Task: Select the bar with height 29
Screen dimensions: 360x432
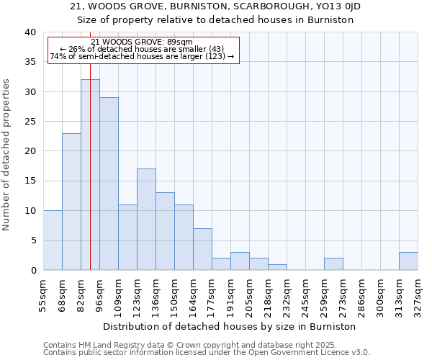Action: (109, 184)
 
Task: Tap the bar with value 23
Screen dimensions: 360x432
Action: (71, 202)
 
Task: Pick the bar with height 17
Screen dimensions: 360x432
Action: (146, 220)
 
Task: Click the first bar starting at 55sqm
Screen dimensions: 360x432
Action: (53, 240)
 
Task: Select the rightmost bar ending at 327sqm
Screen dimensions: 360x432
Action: (408, 261)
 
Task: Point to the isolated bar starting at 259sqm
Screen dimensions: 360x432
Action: (333, 264)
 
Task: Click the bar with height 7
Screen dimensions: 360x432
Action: (202, 249)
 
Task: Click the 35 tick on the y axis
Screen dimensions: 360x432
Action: (30, 63)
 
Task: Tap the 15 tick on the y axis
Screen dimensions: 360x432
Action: (30, 181)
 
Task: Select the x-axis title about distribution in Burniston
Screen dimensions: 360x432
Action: (230, 326)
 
